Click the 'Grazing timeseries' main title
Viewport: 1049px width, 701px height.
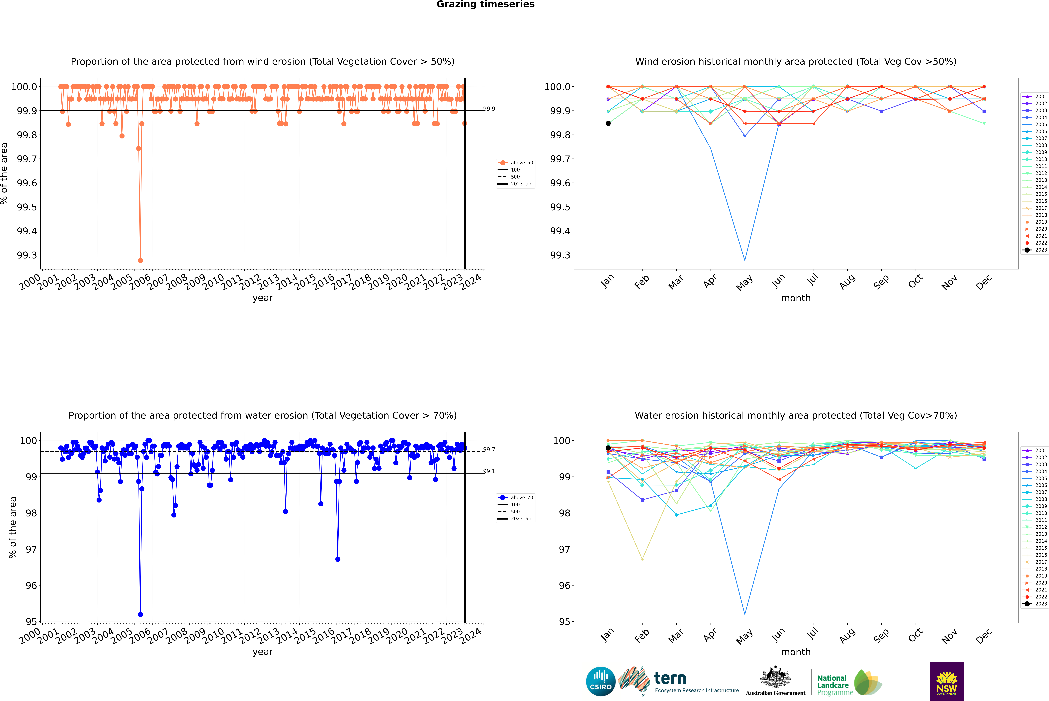coord(486,4)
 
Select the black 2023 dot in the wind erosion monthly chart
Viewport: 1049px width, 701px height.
coord(608,123)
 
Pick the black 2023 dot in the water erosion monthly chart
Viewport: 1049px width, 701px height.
coord(608,448)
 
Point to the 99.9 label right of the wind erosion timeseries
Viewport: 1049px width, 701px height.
coord(489,109)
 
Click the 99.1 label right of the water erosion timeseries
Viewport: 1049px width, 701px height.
coord(489,471)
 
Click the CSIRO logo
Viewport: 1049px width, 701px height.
coord(601,681)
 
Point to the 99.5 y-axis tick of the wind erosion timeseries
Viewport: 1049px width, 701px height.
coord(27,207)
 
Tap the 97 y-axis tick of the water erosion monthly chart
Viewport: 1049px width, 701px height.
coord(564,549)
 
